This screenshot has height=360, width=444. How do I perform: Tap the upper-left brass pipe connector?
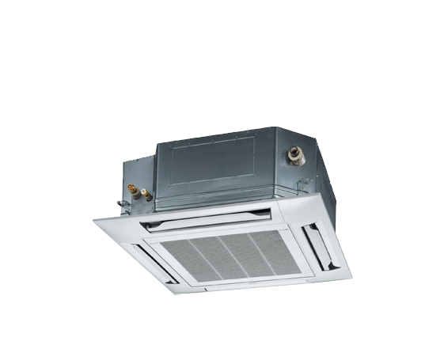pyautogui.click(x=131, y=188)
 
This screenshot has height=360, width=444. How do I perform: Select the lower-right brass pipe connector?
pyautogui.click(x=147, y=192)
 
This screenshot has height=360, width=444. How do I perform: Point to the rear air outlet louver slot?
pyautogui.click(x=207, y=218)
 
